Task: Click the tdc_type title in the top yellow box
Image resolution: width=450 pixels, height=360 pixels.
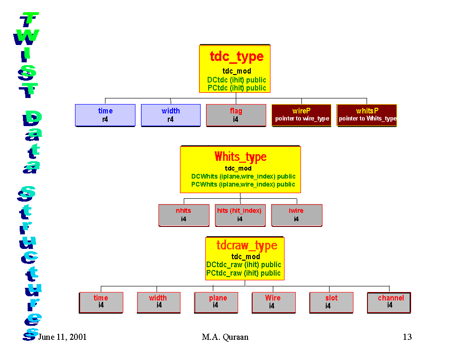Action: tap(237, 57)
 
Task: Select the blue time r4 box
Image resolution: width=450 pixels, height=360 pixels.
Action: tap(105, 115)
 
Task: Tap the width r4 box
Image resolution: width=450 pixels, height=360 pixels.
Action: tap(171, 115)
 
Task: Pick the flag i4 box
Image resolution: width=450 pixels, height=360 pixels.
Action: tap(236, 115)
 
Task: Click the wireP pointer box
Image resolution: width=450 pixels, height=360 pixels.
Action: tap(302, 115)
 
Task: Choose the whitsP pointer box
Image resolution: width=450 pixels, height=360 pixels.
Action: tap(367, 115)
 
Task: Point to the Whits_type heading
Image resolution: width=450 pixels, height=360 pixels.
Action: tap(240, 157)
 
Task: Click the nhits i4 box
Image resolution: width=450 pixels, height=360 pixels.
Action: tap(184, 215)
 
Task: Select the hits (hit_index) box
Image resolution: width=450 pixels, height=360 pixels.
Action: tap(240, 215)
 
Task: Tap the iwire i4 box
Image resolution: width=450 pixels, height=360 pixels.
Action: tap(296, 215)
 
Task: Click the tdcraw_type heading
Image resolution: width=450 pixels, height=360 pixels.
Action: tap(247, 245)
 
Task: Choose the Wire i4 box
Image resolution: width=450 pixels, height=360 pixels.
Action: tap(273, 302)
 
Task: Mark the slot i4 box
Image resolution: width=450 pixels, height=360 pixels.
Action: tap(331, 302)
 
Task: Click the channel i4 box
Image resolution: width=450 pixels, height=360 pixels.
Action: tap(389, 302)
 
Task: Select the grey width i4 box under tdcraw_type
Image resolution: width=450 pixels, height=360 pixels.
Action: tap(158, 302)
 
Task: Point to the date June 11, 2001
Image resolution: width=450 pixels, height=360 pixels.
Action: tap(62, 337)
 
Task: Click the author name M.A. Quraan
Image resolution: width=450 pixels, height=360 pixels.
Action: tap(225, 337)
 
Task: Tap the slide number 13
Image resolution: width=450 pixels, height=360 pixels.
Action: tap(407, 337)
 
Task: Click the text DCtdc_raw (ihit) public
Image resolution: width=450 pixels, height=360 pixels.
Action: tap(244, 265)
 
